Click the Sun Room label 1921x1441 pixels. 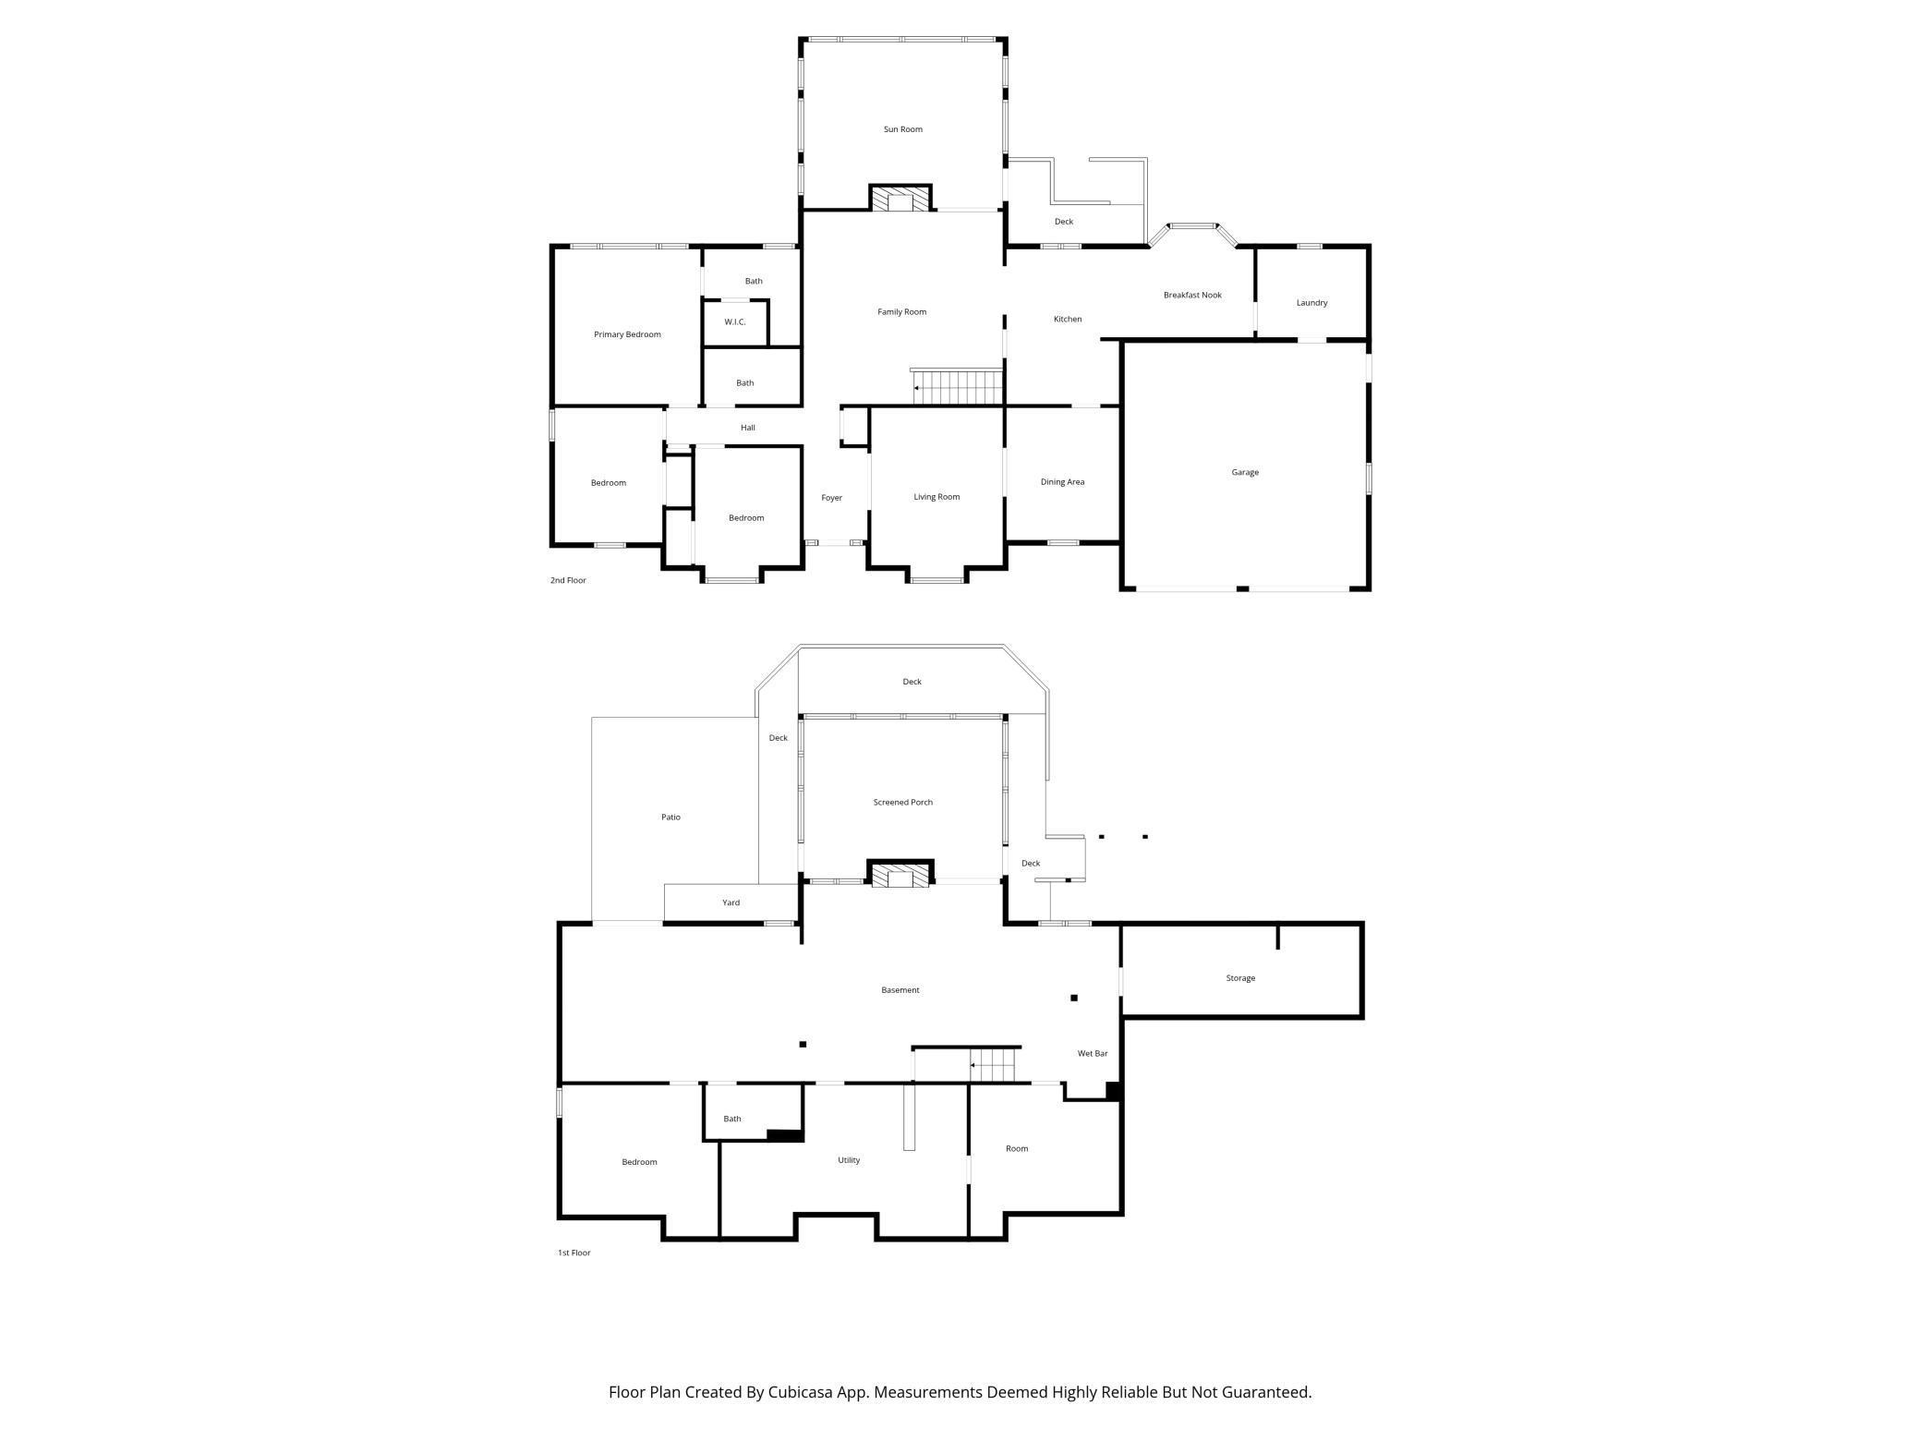coord(902,129)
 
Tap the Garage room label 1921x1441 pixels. coord(1244,472)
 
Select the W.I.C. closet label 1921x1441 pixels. coord(734,321)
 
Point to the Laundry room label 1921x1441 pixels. coord(1311,302)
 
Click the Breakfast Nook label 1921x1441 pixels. coord(1192,295)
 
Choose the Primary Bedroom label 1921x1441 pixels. coord(627,334)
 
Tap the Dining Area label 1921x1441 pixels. coord(1062,481)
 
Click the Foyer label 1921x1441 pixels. coord(831,498)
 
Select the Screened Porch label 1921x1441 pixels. coord(902,802)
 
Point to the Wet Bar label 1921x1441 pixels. coord(1093,1053)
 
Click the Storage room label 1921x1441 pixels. coord(1240,978)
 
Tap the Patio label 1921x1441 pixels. coord(671,817)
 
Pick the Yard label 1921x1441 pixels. coord(731,902)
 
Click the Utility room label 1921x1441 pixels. coord(849,1160)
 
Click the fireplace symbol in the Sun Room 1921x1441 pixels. coord(900,199)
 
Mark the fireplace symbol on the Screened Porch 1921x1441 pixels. coord(900,874)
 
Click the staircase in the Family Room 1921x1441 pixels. coord(957,387)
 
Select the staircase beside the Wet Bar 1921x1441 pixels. coord(992,1065)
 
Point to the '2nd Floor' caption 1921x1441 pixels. coord(568,580)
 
